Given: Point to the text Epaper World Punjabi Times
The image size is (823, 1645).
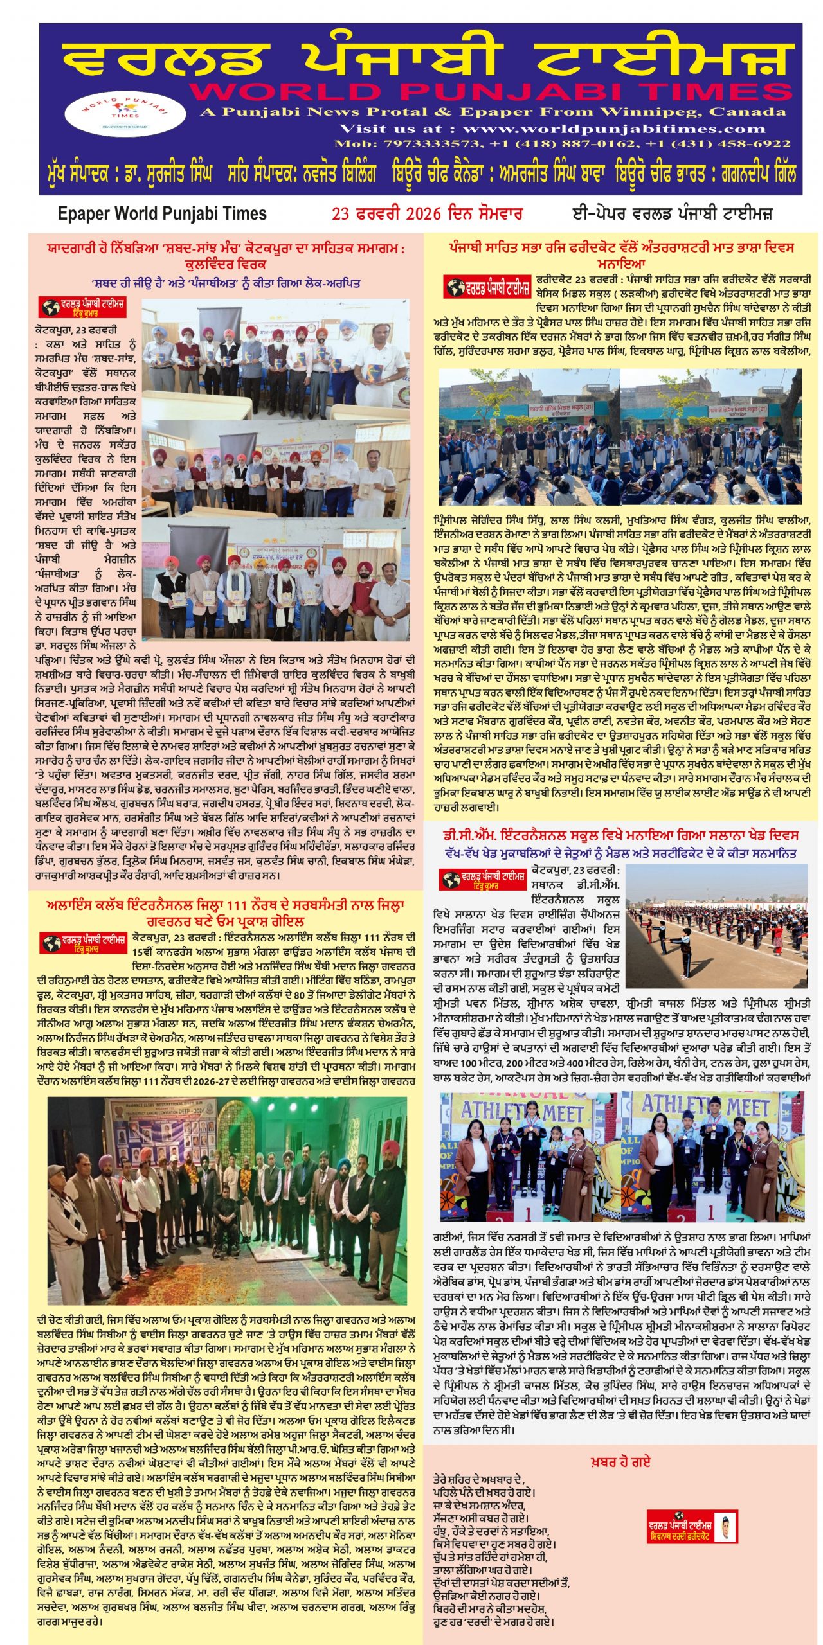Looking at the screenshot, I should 161,213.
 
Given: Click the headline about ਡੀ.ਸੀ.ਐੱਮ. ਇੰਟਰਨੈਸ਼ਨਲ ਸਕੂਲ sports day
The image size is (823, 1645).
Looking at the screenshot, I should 620,835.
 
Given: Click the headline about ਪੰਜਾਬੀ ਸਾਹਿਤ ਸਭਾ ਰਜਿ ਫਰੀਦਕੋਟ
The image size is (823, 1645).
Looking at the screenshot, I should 620,254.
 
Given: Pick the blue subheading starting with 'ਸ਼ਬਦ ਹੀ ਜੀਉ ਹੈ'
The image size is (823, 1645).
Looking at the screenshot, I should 225,283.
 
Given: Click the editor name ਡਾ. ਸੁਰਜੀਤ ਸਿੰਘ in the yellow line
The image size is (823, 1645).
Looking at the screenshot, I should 163,174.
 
